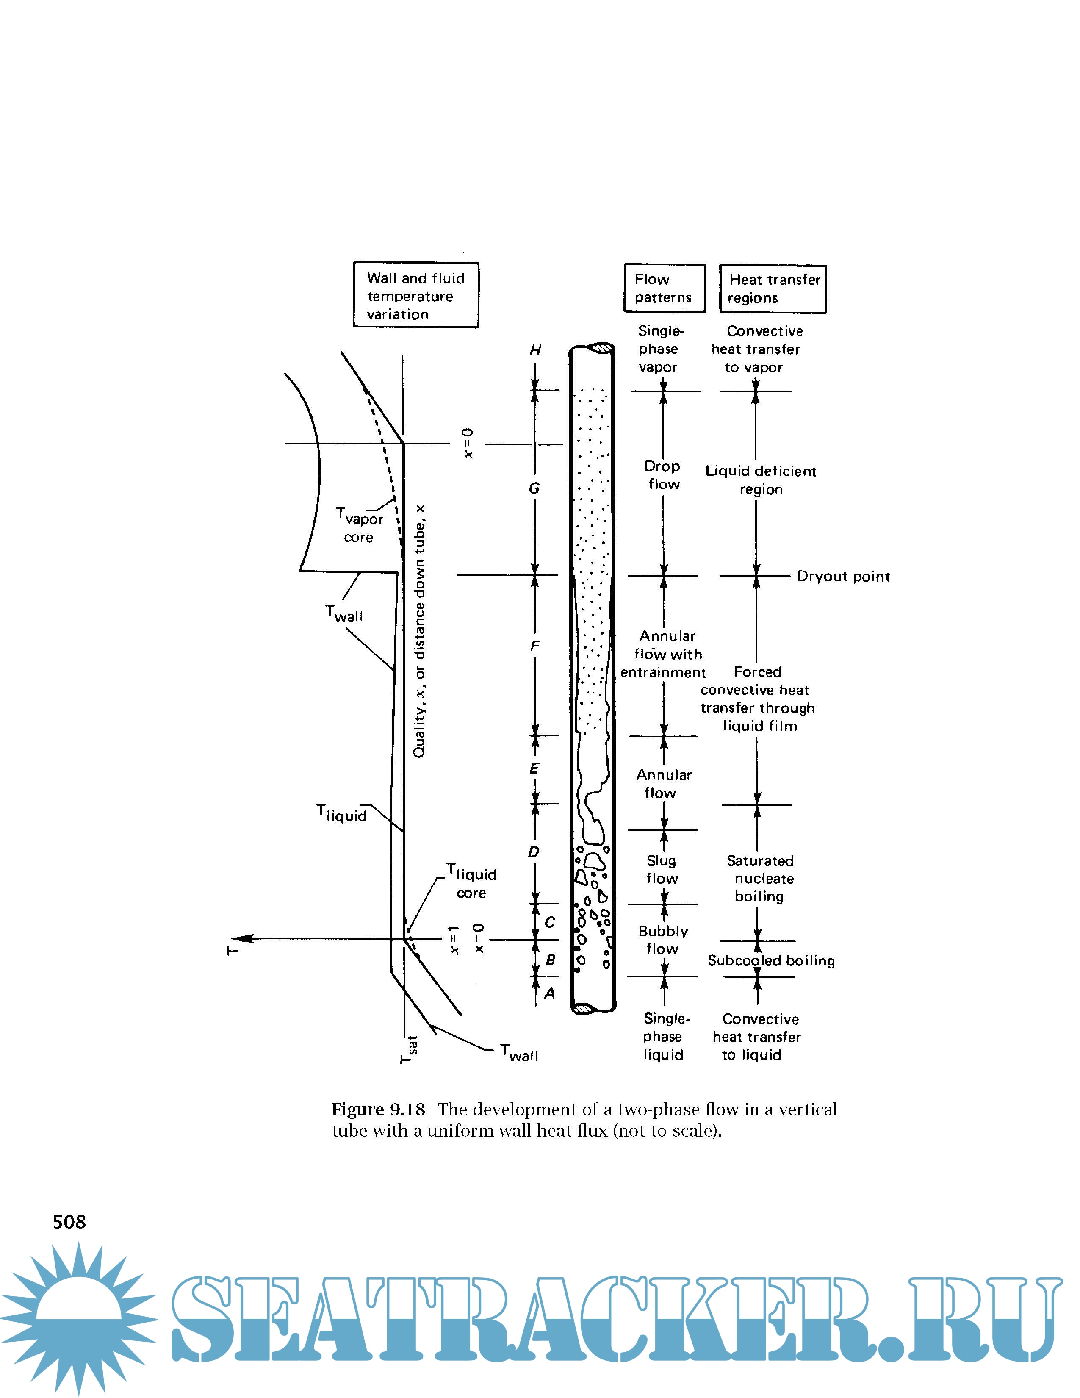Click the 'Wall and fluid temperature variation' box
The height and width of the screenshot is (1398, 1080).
[x=416, y=295]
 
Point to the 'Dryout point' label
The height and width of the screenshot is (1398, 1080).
[x=843, y=576]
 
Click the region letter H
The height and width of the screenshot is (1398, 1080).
[x=535, y=350]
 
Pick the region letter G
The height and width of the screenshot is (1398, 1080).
[x=534, y=488]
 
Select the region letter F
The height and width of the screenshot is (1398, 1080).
[x=535, y=646]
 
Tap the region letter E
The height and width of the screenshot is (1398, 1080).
[x=534, y=768]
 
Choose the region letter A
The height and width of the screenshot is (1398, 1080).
[x=549, y=993]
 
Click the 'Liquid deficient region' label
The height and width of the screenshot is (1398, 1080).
[x=761, y=480]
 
